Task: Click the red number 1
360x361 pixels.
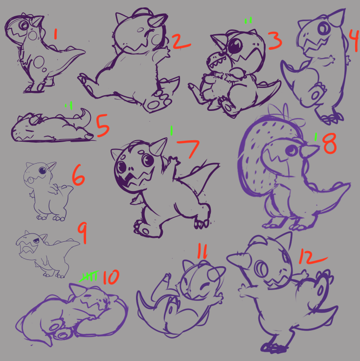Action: (x=55, y=34)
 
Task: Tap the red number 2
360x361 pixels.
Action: (x=181, y=42)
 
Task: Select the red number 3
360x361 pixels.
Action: (x=275, y=41)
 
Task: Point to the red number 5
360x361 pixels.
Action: (x=103, y=126)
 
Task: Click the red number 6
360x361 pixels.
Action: (x=78, y=175)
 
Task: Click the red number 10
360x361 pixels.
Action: (x=111, y=277)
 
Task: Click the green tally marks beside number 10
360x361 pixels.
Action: (x=89, y=276)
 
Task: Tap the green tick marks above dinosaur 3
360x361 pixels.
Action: (x=248, y=21)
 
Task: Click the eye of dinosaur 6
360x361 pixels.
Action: (x=43, y=170)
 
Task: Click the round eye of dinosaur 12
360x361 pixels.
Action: (x=261, y=269)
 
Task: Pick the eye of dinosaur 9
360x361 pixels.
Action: (x=36, y=241)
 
